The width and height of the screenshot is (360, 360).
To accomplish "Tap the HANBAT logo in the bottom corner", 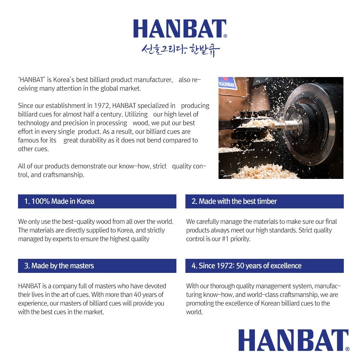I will point(293,340).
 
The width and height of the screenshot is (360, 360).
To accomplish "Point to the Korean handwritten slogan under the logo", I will point(180,50).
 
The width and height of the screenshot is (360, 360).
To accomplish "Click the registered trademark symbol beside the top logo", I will point(225,36).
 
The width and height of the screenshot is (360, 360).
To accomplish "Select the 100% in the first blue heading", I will point(40,201).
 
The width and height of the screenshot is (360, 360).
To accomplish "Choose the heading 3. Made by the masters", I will point(59,266).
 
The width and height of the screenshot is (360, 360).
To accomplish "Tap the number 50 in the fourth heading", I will point(240,266).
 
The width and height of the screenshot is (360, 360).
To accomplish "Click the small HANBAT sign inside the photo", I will point(228,85).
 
